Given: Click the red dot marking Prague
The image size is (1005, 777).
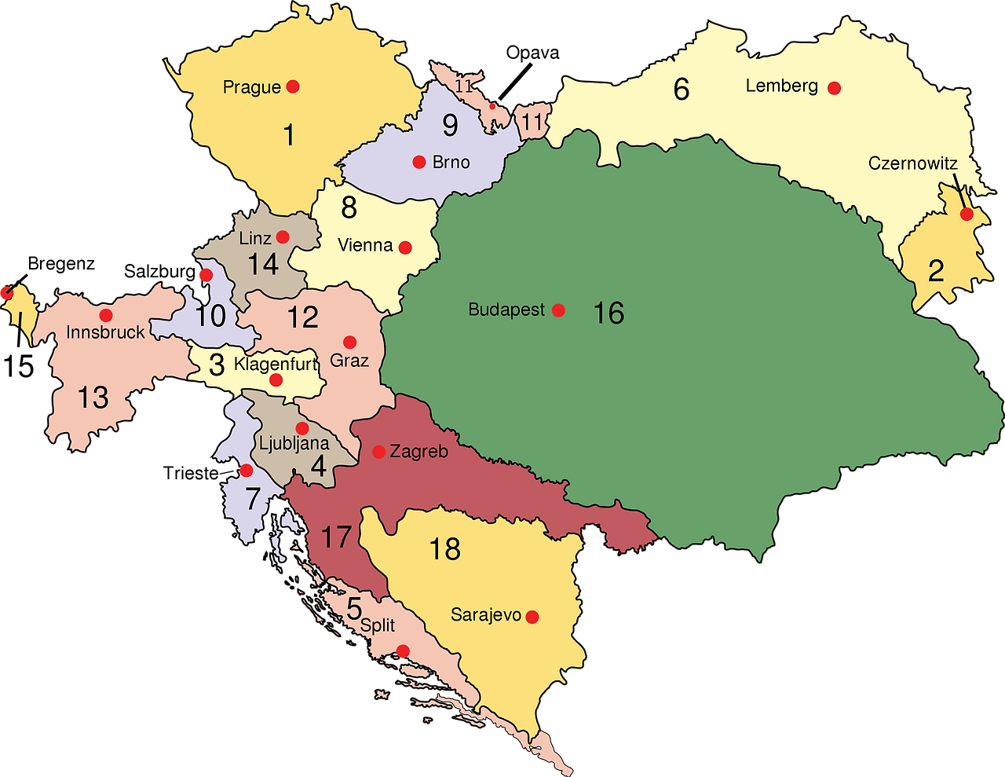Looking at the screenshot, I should tap(293, 86).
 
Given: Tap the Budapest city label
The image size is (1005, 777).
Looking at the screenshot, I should tap(506, 310).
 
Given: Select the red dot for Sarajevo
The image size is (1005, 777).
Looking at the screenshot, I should tap(532, 617).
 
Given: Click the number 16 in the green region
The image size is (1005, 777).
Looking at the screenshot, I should tap(608, 313).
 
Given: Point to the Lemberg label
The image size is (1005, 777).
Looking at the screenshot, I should tap(782, 86).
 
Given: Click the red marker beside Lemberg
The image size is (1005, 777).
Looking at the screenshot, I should tap(835, 88).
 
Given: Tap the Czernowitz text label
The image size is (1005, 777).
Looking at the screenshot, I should tap(912, 163).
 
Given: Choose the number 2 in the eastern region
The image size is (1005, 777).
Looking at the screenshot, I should tap(936, 271).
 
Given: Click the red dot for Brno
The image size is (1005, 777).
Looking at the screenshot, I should tap(419, 163).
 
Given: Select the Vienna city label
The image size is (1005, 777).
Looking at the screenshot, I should tap(365, 245).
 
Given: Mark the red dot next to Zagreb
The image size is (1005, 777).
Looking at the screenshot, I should tap(378, 452).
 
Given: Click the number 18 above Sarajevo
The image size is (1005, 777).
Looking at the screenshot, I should tap(444, 549).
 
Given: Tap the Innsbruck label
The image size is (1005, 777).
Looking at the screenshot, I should tap(105, 332).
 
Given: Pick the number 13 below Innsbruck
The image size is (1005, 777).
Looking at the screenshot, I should tap(93, 398).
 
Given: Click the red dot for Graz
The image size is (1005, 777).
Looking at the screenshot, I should tap(350, 343).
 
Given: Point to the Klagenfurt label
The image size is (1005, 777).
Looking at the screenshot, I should tap(276, 365).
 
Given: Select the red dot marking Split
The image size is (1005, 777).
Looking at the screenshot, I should tap(403, 651).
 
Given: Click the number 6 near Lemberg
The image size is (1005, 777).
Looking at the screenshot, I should tap(681, 89).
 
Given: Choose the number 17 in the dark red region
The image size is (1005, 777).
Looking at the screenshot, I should tap(336, 537).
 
